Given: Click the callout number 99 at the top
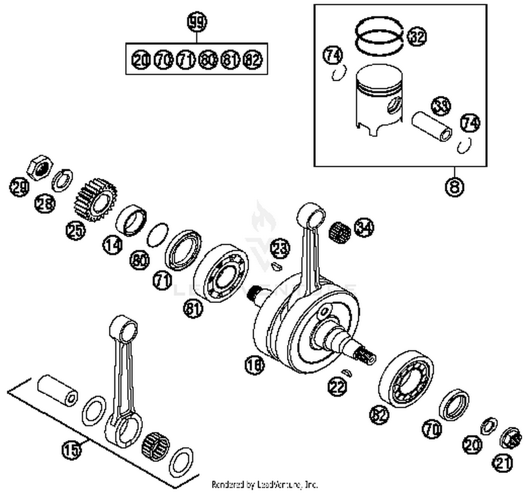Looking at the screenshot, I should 197,23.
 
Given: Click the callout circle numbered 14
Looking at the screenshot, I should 113,244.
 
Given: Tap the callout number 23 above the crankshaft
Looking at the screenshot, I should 280,248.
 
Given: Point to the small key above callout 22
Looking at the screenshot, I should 347,372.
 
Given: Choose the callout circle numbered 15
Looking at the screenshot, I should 71,450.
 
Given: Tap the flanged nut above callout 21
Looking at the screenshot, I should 511,438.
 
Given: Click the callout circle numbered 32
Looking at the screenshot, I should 417,36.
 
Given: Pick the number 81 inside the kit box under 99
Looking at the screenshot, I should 230,59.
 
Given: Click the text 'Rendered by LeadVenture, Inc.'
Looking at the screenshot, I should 265,484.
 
